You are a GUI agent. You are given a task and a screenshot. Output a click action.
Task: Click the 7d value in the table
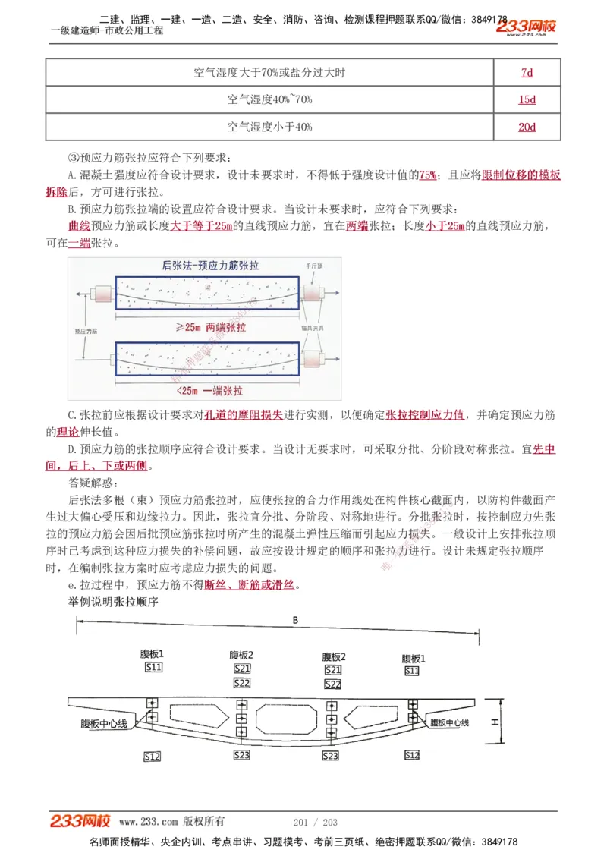tap(527, 73)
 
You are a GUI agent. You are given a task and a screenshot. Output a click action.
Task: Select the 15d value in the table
tap(527, 100)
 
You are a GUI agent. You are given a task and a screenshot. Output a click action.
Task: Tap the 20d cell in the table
tap(527, 127)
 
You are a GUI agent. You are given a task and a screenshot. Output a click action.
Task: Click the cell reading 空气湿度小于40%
tap(269, 127)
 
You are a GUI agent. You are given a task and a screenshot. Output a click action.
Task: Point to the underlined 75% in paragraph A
tap(427, 175)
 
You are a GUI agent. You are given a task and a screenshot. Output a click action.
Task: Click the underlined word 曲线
tap(79, 226)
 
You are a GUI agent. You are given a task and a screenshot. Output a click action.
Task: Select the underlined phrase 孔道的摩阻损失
tap(244, 414)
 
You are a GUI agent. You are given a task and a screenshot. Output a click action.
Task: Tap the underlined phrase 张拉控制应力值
tap(425, 414)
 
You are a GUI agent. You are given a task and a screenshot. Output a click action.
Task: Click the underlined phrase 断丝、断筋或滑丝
tap(250, 585)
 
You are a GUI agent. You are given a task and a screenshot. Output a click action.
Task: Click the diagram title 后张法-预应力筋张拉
tap(210, 266)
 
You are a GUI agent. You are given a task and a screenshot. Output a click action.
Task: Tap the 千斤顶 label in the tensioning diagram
tap(314, 267)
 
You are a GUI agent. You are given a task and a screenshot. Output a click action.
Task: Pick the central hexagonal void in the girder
tap(286, 716)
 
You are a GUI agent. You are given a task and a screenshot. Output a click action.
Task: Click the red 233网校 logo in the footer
tap(80, 821)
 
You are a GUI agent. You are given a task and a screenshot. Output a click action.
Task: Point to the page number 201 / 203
tap(315, 822)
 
